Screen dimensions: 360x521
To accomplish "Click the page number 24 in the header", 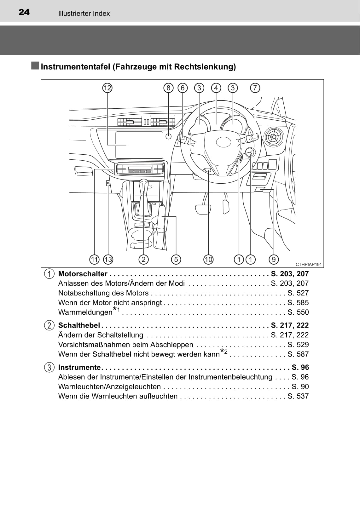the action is point(24,12).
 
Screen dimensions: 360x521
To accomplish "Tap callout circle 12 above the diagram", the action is point(107,88).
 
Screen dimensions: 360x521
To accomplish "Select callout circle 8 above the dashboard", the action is point(168,88).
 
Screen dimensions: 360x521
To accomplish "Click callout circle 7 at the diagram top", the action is point(255,88).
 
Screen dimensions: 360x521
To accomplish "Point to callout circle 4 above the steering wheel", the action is point(216,88).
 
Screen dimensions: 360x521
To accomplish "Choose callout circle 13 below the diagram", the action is point(108,259).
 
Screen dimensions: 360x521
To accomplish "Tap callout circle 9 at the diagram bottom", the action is point(274,259).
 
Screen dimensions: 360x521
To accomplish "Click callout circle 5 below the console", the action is point(176,259).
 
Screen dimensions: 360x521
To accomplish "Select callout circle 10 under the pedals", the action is point(208,259).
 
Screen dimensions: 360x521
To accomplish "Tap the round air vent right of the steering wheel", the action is point(274,137).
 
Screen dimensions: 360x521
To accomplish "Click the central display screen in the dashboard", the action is point(139,145).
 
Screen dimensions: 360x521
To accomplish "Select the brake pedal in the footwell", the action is point(203,209).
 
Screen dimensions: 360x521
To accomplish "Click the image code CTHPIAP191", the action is point(309,265).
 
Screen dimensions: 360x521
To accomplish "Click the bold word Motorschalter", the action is point(83,274).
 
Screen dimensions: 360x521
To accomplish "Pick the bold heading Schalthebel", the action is point(79,325).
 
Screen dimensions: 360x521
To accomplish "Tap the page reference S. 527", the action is point(298,293).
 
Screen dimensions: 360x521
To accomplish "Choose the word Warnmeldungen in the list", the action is point(85,312).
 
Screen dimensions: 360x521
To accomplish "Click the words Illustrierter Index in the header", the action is point(84,14).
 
